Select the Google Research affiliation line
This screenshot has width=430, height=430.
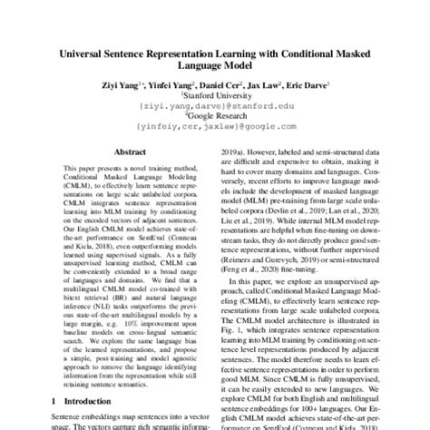tap(215, 119)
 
